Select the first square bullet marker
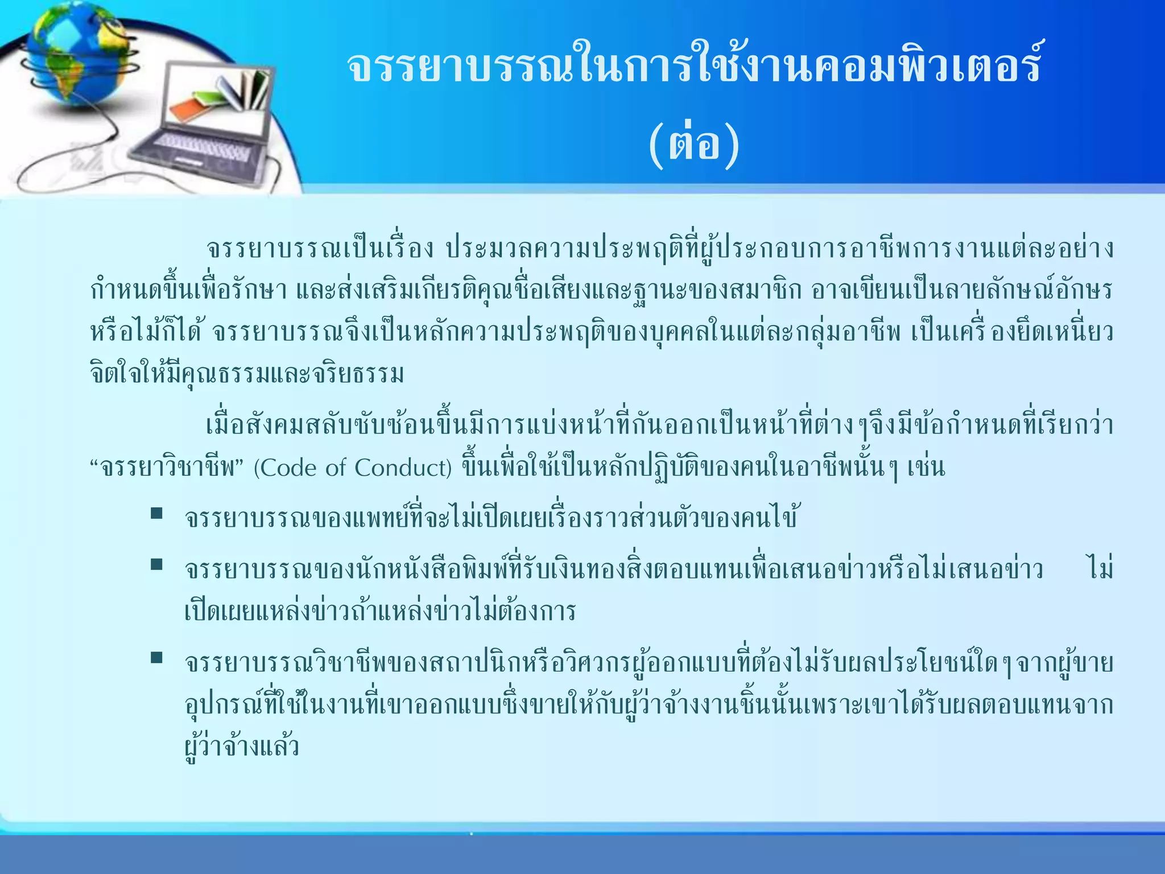click(156, 513)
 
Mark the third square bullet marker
click(156, 658)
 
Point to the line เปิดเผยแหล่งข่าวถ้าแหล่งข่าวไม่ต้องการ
click(380, 611)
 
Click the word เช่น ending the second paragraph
click(926, 468)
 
